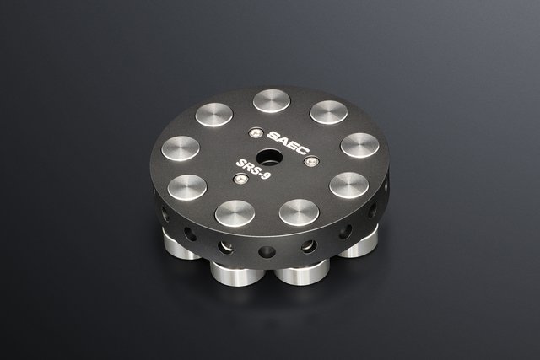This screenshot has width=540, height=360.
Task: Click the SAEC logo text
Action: pyautogui.click(x=289, y=142)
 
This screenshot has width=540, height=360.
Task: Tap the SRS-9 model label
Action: pyautogui.click(x=253, y=169)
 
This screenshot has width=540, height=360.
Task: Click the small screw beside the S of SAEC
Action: pyautogui.click(x=255, y=133)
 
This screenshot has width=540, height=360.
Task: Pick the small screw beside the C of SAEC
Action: pyautogui.click(x=311, y=161)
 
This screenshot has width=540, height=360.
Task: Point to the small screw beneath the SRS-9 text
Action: pyautogui.click(x=240, y=178)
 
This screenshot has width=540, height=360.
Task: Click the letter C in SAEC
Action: pyautogui.click(x=305, y=150)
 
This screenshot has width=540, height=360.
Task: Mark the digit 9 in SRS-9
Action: pyautogui.click(x=267, y=175)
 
